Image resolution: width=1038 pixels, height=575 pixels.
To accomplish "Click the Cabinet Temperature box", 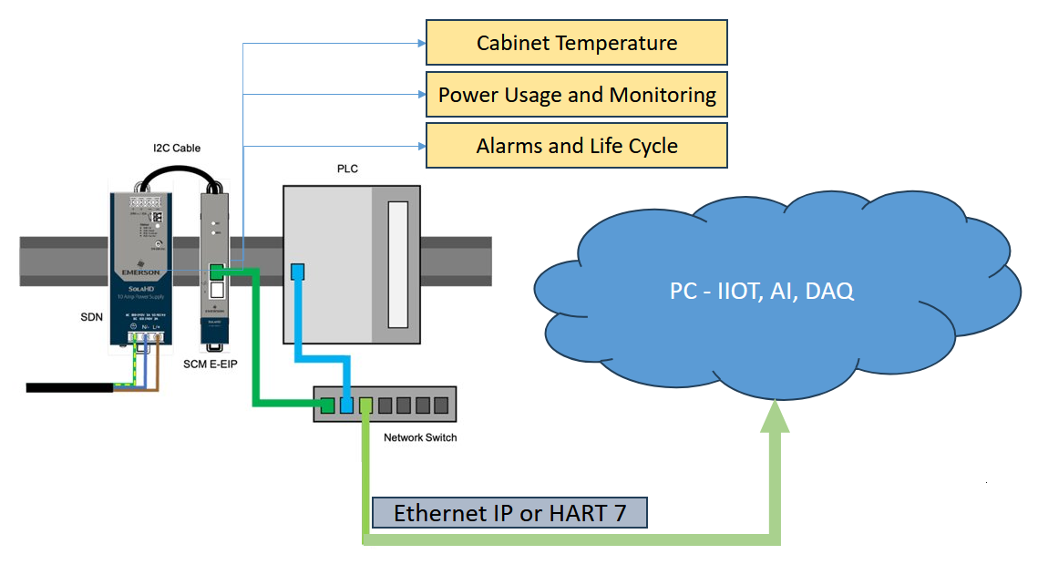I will tap(577, 43).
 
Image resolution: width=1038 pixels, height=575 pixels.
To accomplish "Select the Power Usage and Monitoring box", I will tap(577, 95).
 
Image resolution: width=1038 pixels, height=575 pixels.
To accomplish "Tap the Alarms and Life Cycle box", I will tap(577, 146).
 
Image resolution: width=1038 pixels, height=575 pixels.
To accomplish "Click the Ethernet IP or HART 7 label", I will tap(509, 513).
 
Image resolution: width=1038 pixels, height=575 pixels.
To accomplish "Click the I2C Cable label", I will tap(177, 148).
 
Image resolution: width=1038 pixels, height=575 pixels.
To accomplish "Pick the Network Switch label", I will tap(420, 437).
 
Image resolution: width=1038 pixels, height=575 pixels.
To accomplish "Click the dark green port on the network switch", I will tap(328, 405).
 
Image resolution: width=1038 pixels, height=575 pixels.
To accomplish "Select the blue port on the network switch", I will tap(346, 405).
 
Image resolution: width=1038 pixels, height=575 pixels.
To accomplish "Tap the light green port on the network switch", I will tap(365, 405).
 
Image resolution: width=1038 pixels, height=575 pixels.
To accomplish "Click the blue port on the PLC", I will tap(297, 271).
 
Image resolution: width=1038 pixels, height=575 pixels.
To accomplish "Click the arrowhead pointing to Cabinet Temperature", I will tap(421, 43).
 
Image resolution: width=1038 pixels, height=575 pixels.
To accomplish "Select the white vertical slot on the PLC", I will tap(397, 264).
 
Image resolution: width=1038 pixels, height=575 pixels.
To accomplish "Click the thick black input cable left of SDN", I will tap(68, 387).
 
